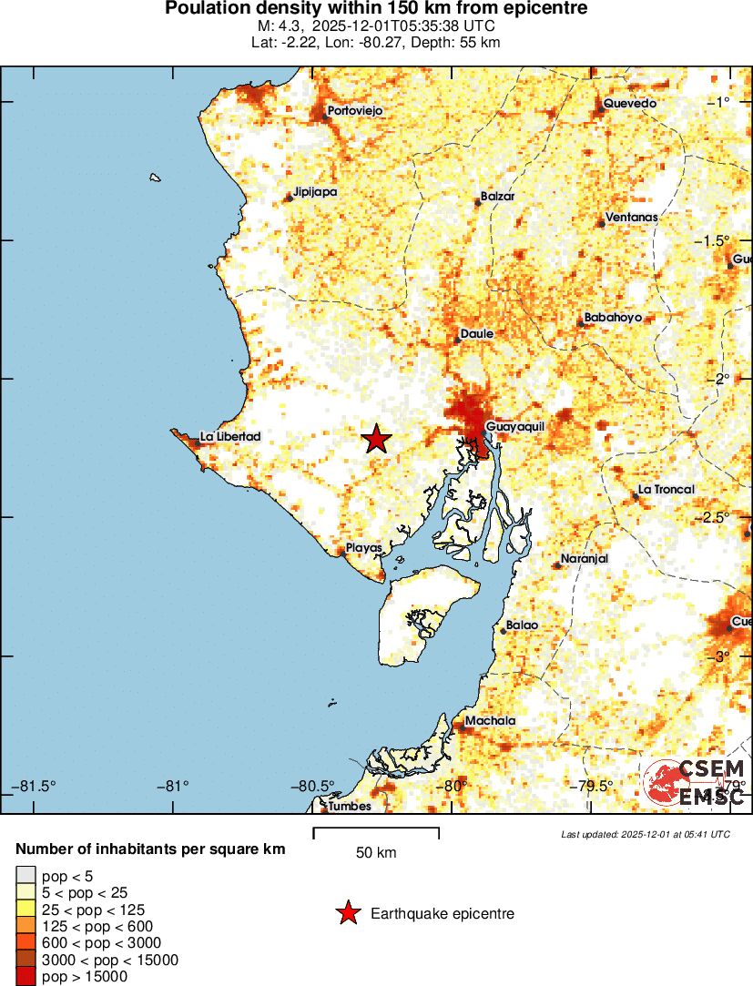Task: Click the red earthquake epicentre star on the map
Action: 376,440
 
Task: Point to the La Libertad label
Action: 230,437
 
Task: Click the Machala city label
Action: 490,721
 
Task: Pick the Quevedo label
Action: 629,104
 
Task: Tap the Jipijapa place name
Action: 315,193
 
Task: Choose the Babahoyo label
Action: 614,318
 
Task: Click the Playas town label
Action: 364,548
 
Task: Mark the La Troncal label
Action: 667,489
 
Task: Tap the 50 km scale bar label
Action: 376,853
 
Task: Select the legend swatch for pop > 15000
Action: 25,975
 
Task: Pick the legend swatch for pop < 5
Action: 25,877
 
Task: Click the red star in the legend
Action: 347,913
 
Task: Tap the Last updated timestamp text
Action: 646,834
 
